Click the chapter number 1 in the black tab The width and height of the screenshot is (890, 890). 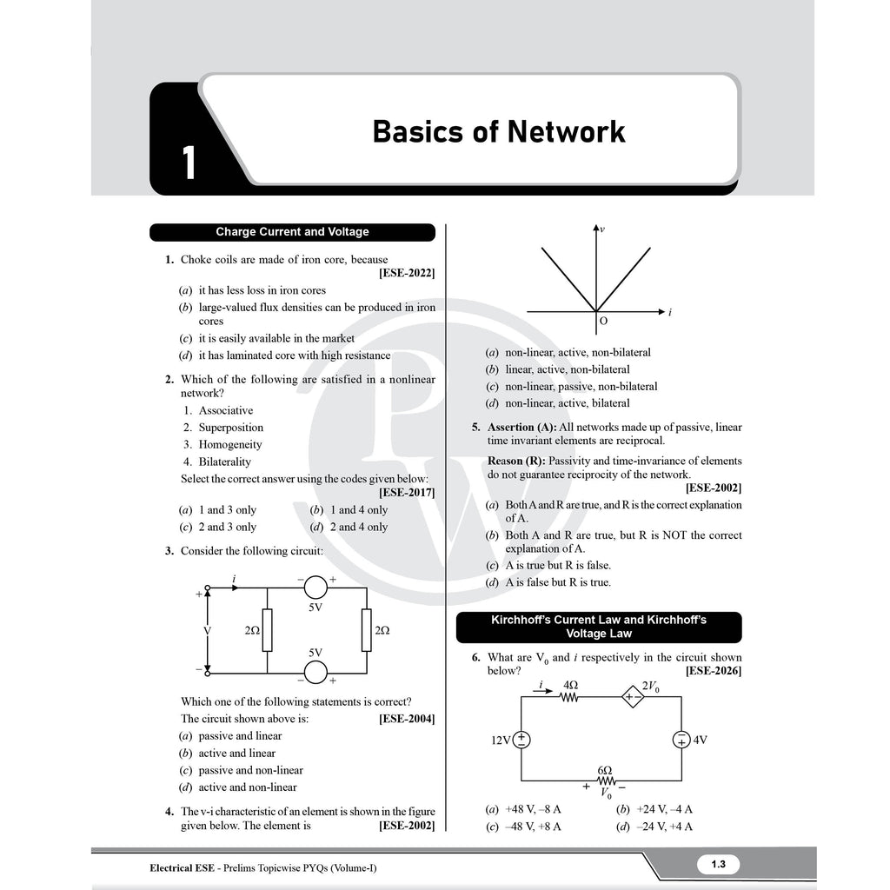tap(189, 163)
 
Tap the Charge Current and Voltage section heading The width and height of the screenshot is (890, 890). tap(292, 231)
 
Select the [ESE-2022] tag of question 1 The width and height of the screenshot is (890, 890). tap(407, 273)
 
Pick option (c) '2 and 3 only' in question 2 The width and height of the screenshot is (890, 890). tap(218, 527)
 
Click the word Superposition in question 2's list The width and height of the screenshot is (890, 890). tap(231, 428)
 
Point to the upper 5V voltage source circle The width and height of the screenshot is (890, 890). tap(315, 588)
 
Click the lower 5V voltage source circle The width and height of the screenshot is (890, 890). tap(315, 673)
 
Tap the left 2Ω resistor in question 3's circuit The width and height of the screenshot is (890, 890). tap(268, 630)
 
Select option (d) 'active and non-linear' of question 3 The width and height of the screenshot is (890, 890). tap(238, 787)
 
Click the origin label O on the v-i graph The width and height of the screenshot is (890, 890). tap(603, 321)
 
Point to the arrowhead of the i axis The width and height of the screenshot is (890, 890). tap(661, 312)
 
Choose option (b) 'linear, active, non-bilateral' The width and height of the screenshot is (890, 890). tap(558, 369)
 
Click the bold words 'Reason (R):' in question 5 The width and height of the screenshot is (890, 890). tap(516, 461)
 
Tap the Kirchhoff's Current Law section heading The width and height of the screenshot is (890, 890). tap(599, 628)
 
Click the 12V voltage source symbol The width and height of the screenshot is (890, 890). tap(521, 740)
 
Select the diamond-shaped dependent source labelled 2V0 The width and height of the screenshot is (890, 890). tap(633, 696)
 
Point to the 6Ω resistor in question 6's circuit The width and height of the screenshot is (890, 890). tap(605, 781)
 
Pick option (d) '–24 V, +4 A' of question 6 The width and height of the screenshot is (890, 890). tap(654, 827)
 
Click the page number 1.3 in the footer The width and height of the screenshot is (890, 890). tap(719, 864)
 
